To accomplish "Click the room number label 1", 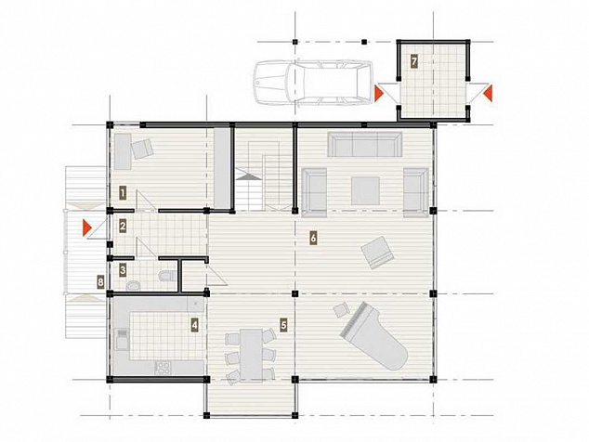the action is point(123,193).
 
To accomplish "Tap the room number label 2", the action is point(123,226).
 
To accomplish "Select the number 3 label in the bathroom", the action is point(123,270).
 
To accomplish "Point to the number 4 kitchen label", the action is point(194,325).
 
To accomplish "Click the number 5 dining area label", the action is point(283,325).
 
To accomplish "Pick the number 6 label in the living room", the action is point(313,238).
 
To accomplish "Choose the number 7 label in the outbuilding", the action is point(413,61).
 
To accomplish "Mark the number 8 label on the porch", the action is point(100,281).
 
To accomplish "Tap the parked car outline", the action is point(313,83).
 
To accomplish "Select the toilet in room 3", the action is point(167,276).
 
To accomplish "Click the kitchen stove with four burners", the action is point(163,367).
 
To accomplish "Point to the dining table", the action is point(251,355).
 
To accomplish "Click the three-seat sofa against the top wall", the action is point(365,144).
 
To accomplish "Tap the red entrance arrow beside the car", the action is point(379,93).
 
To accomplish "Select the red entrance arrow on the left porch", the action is point(87,227).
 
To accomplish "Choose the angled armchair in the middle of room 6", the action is point(377,253).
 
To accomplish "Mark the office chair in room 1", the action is point(142,149).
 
